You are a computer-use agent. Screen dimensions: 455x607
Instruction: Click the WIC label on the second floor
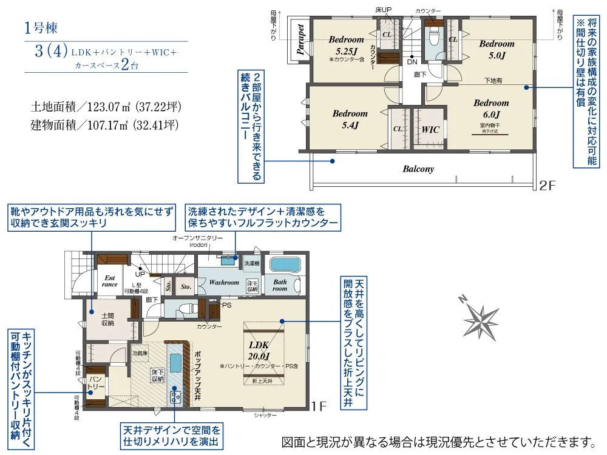point(430,129)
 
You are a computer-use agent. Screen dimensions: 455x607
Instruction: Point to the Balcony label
point(418,169)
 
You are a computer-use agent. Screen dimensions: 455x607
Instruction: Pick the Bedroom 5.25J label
point(346,45)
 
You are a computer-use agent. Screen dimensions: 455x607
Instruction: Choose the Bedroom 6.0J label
point(491,109)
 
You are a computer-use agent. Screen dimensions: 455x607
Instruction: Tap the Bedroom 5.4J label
point(350,119)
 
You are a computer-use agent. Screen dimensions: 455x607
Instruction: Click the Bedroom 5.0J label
point(497,49)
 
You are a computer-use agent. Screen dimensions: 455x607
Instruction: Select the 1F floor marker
point(320,406)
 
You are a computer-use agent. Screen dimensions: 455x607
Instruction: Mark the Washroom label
point(224,283)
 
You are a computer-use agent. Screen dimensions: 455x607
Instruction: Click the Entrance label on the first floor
point(110,281)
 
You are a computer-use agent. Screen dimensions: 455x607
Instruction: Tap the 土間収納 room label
point(107,319)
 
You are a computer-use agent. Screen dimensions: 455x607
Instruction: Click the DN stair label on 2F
point(412,62)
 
